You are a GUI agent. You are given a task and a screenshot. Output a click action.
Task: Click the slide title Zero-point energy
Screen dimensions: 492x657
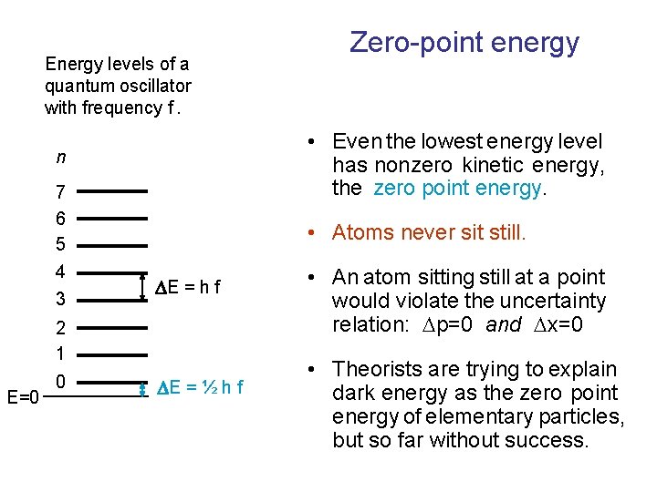click(x=464, y=42)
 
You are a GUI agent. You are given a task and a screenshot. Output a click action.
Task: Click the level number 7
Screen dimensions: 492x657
click(x=60, y=193)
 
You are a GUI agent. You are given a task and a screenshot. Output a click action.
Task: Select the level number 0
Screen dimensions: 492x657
click(x=60, y=381)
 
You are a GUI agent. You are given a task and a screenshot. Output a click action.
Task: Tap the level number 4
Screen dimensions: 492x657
click(x=60, y=272)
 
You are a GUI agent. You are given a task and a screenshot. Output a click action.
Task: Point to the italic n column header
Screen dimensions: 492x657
click(x=60, y=158)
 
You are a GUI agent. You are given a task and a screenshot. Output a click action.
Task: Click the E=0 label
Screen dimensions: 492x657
click(x=22, y=397)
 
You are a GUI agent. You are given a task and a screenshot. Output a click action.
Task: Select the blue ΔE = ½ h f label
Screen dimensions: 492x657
click(x=200, y=388)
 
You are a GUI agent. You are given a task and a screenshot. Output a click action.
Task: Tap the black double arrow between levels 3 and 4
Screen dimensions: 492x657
click(x=141, y=286)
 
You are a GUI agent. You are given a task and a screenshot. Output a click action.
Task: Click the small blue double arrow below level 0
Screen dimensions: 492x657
click(x=142, y=390)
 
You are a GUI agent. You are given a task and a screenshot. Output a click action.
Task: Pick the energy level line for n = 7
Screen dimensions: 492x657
click(x=117, y=191)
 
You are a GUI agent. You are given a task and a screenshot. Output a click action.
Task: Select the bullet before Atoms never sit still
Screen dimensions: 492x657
click(x=312, y=233)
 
